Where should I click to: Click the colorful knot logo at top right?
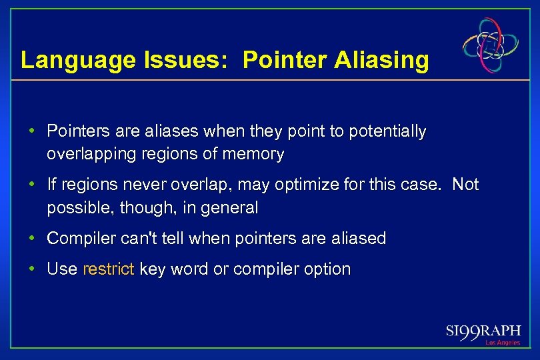coord(491,45)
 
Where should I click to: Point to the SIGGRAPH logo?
coord(484,331)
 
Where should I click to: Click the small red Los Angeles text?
coord(503,343)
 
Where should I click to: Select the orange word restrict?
coord(109,269)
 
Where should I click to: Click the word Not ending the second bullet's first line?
coord(465,185)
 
